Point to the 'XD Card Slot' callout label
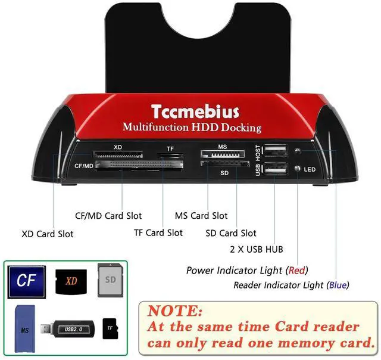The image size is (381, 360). pos(48,234)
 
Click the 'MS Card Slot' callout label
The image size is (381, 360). pos(201,216)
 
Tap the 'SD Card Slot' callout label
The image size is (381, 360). pos(231,233)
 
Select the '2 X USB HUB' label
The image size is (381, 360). pos(256,249)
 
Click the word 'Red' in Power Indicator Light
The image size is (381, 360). pos(297,270)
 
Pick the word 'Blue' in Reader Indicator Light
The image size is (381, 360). pos(337,285)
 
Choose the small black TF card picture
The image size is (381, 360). pos(109,328)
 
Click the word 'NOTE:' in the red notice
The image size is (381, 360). pos(175,311)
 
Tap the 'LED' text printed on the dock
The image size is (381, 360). pos(310,170)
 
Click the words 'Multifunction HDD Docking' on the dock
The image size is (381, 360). pos(192,127)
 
